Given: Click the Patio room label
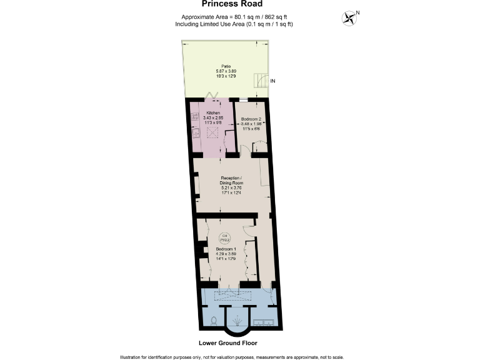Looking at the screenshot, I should (226, 66).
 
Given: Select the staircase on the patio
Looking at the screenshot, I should (259, 81).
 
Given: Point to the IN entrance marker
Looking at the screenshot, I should (272, 81).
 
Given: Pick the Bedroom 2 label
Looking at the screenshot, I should (252, 119).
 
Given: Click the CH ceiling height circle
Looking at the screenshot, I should (224, 237).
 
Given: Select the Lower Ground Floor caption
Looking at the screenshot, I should (228, 343).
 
